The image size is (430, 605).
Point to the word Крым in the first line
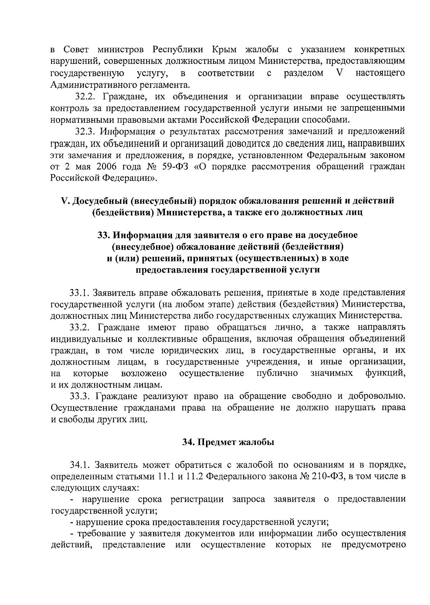pyautogui.click(x=224, y=49)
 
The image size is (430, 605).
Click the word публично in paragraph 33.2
pyautogui.click(x=277, y=374)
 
